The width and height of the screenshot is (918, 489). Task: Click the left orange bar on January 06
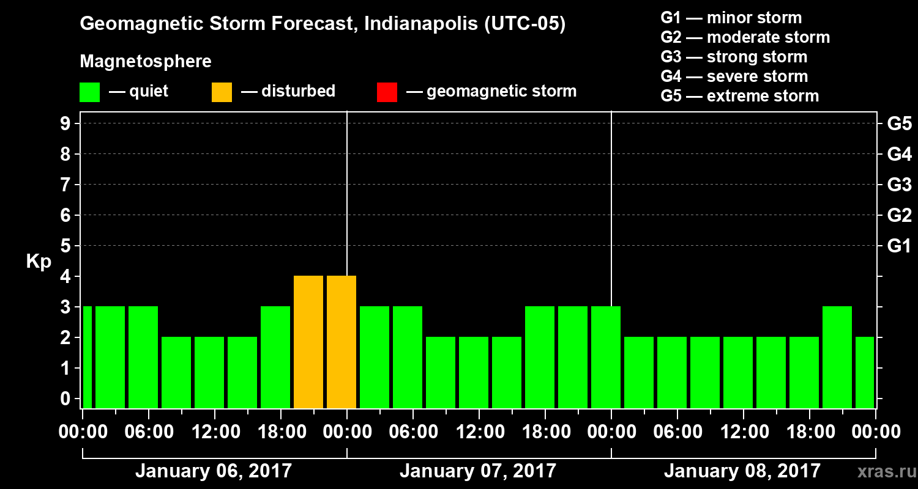tap(308, 342)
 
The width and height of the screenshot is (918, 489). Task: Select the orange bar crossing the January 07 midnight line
tap(341, 342)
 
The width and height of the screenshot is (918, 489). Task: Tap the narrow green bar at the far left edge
tap(87, 357)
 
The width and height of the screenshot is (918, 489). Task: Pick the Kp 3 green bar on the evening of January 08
tap(837, 357)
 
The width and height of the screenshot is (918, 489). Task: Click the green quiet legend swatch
tap(89, 92)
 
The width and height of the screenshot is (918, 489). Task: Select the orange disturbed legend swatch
tap(222, 92)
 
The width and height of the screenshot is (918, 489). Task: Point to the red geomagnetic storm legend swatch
tap(387, 92)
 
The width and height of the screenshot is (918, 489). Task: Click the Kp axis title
tap(39, 262)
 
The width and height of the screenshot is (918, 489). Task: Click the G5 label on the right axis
tap(899, 123)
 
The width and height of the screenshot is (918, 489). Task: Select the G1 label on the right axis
tap(899, 246)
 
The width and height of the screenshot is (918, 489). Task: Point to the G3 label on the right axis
tap(899, 185)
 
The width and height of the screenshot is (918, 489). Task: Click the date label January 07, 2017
tap(478, 471)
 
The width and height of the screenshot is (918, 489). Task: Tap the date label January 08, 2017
tap(742, 471)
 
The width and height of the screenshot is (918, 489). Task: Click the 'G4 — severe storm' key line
tap(734, 76)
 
